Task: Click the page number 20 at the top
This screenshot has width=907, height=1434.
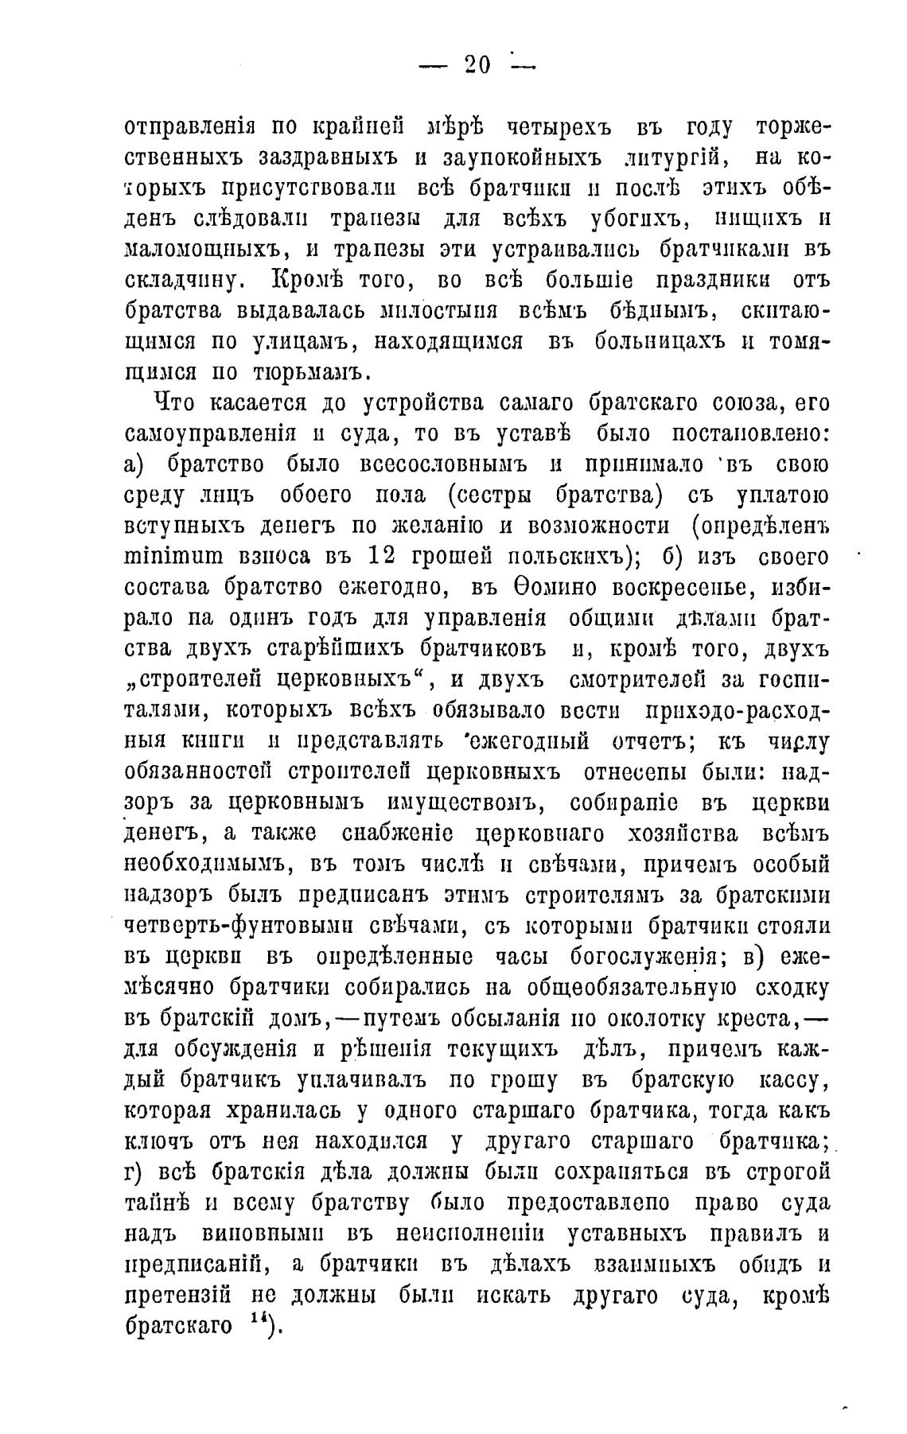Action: [477, 65]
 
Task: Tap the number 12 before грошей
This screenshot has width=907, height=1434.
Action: [389, 554]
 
